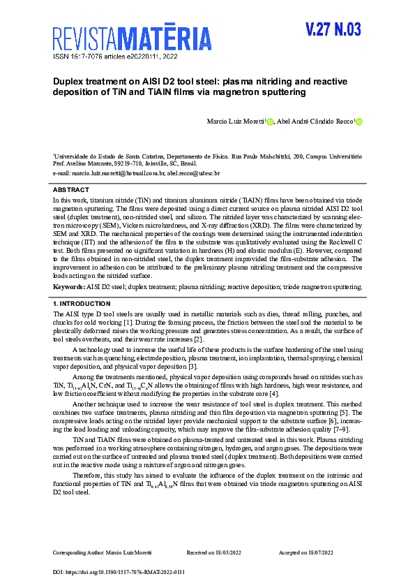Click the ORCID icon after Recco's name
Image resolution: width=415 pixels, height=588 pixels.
tap(359, 122)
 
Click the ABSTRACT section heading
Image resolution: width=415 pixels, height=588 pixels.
tap(71, 190)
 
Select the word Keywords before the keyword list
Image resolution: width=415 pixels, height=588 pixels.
tap(69, 286)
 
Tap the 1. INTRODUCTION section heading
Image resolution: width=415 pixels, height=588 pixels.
tap(82, 304)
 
